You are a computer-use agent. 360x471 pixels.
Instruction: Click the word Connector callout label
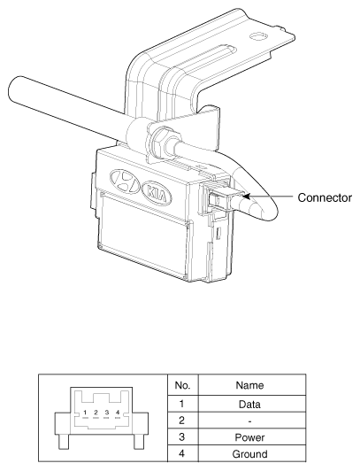pyautogui.click(x=325, y=197)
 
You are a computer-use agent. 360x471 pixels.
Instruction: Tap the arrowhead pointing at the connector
pyautogui.click(x=246, y=197)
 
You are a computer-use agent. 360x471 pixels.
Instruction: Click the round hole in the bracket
pyautogui.click(x=257, y=36)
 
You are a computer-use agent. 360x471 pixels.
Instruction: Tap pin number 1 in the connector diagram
pyautogui.click(x=85, y=413)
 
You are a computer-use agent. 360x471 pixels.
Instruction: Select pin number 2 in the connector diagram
pyautogui.click(x=96, y=413)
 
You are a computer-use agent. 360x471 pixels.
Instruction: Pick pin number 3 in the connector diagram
pyautogui.click(x=106, y=413)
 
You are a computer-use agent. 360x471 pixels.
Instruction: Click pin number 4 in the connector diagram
pyautogui.click(x=118, y=413)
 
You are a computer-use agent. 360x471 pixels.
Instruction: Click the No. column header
pyautogui.click(x=182, y=385)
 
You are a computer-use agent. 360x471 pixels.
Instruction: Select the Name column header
pyautogui.click(x=250, y=385)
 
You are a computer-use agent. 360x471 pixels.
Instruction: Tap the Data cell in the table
pyautogui.click(x=249, y=405)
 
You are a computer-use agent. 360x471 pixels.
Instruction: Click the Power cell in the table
pyautogui.click(x=249, y=437)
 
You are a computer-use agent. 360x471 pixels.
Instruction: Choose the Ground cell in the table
pyautogui.click(x=249, y=453)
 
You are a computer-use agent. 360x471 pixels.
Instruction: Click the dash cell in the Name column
pyautogui.click(x=249, y=421)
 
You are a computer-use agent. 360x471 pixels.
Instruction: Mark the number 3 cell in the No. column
pyautogui.click(x=182, y=436)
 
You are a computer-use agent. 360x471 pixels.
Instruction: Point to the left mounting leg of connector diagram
pyautogui.click(x=65, y=442)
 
